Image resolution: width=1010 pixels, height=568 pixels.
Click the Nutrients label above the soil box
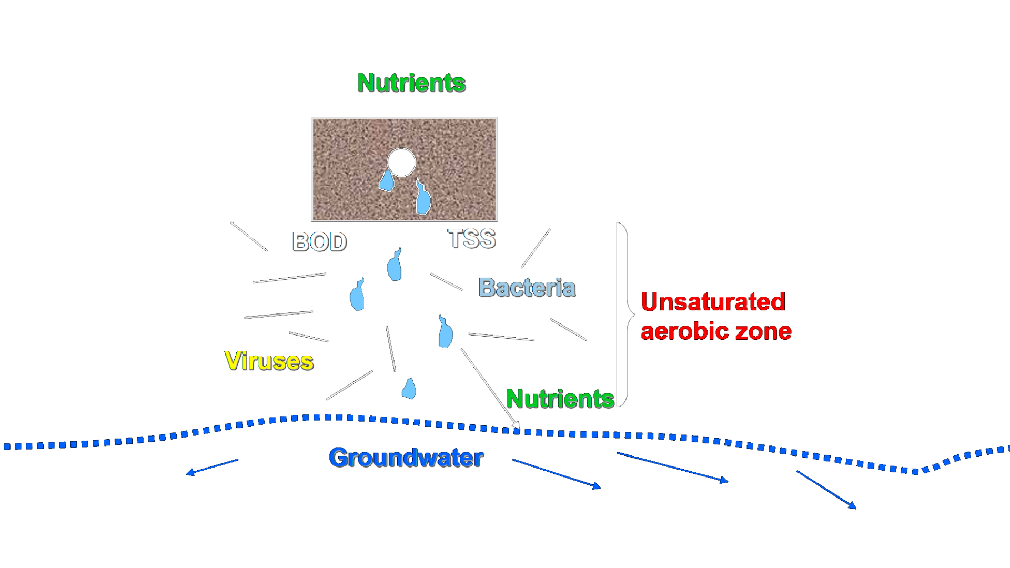click(411, 83)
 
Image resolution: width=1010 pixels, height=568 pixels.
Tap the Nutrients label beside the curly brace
click(560, 399)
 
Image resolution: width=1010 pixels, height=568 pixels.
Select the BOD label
click(319, 242)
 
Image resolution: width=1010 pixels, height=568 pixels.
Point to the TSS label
click(471, 239)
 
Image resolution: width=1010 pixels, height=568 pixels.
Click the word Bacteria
click(527, 288)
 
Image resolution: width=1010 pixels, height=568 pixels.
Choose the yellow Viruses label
click(269, 361)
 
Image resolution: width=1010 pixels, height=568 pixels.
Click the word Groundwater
click(406, 458)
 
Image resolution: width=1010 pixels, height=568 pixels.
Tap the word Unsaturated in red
click(713, 302)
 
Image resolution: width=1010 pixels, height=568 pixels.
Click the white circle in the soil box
click(401, 162)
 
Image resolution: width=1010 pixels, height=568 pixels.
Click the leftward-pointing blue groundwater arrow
click(213, 466)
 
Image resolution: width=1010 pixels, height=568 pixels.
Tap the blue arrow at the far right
click(826, 490)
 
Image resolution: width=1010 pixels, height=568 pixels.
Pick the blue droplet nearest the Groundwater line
click(409, 389)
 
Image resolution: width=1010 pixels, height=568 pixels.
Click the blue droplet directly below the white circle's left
click(387, 181)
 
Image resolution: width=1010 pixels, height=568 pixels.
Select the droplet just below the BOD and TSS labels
click(395, 265)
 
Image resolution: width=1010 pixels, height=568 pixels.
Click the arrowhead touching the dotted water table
click(516, 425)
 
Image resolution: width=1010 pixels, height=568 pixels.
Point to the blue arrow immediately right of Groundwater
click(556, 474)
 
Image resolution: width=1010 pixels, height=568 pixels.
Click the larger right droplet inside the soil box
click(423, 199)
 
